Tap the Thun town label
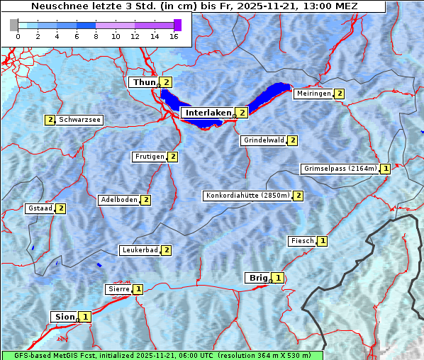coord(143,82)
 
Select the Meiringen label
coord(313,94)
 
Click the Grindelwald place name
coord(264,140)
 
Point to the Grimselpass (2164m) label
coord(340,169)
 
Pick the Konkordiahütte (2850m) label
coord(247,196)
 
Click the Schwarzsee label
coord(79,120)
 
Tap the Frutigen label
coord(149,157)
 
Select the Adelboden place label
coord(118,200)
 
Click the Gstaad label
coord(40,208)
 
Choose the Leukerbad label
coord(139,250)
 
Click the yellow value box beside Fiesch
coord(323,241)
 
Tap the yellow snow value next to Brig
coord(279,278)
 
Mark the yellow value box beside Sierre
coord(138,289)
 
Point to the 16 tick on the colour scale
coord(173,36)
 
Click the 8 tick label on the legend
coord(96,36)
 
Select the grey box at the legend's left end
coord(14,25)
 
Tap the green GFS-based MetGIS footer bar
coord(162,355)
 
